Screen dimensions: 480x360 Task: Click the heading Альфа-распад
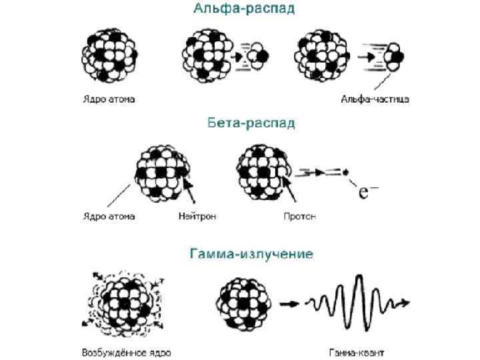click(243, 9)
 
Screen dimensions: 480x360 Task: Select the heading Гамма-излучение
click(251, 254)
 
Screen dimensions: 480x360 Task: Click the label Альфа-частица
click(375, 99)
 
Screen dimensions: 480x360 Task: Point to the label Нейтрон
click(197, 216)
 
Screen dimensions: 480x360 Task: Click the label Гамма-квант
click(356, 352)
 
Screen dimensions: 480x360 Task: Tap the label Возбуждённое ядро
click(126, 352)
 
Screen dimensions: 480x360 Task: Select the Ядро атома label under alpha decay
click(109, 99)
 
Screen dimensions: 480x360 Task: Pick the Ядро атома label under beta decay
click(109, 216)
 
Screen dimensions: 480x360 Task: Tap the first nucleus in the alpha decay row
click(109, 53)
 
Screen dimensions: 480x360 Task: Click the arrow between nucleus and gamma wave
click(289, 304)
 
